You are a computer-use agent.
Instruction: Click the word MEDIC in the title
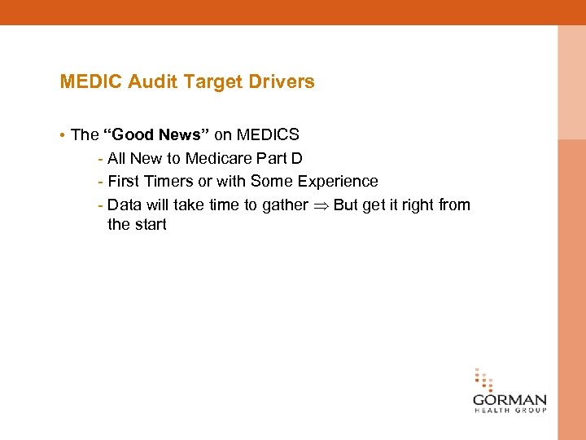click(x=90, y=81)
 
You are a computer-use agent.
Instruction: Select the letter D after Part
click(x=297, y=158)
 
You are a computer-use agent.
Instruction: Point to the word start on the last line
click(x=150, y=224)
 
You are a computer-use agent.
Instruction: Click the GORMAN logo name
click(x=509, y=401)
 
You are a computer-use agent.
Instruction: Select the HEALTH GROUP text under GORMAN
click(x=509, y=411)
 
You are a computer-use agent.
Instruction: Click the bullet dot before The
click(x=63, y=135)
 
